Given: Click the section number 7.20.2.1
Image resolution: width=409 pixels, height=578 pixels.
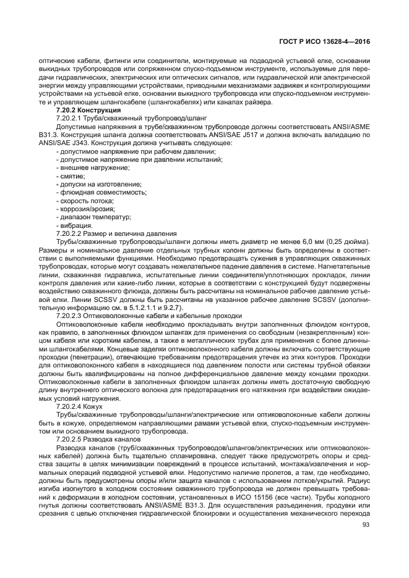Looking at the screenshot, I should (x=70, y=117).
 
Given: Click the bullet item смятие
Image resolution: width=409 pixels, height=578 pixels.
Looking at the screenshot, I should (x=74, y=176).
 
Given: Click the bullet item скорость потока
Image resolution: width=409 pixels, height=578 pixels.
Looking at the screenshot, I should (x=88, y=201).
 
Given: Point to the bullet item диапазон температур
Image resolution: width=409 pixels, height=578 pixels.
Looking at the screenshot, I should (x=95, y=217).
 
